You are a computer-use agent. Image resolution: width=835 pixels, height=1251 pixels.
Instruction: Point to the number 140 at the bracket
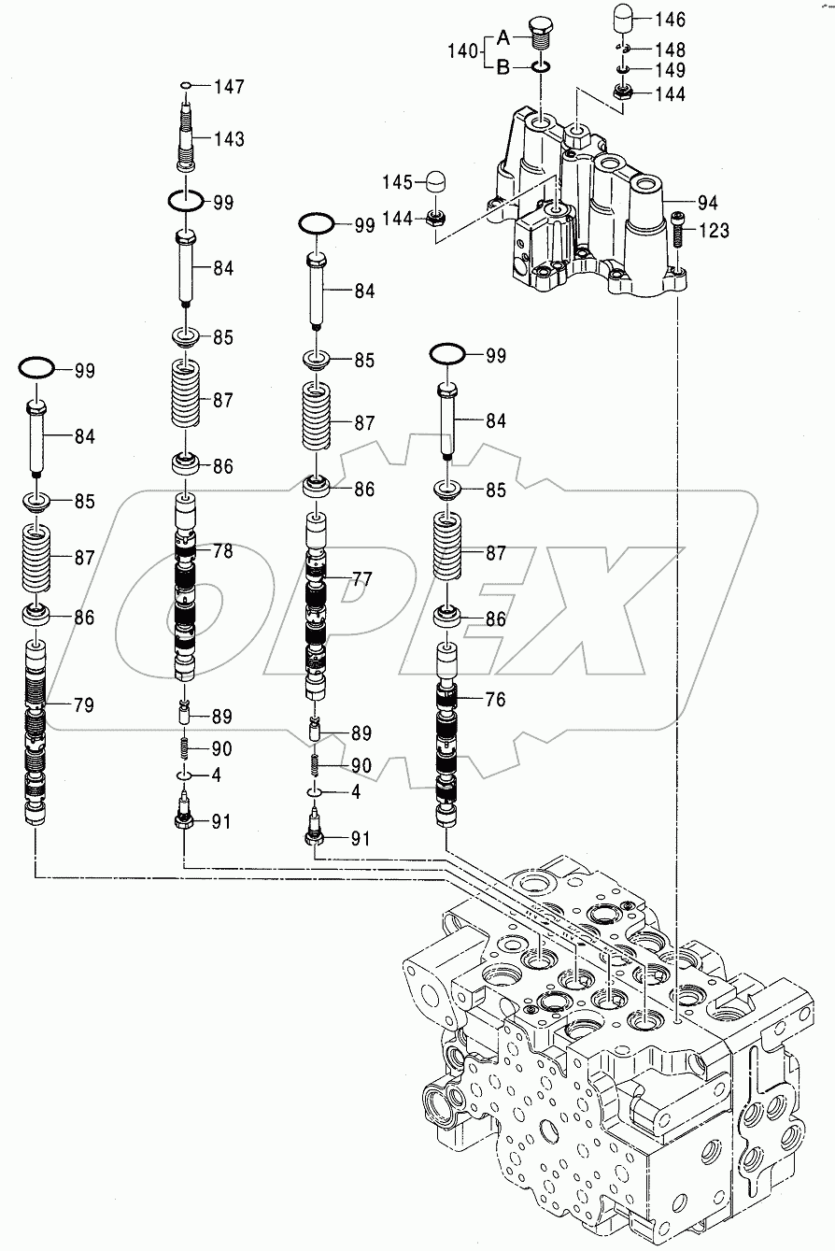463,51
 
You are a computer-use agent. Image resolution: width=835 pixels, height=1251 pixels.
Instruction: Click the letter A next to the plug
502,37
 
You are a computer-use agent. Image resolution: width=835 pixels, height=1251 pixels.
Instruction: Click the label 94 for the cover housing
708,201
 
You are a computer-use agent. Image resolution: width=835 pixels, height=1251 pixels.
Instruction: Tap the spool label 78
221,551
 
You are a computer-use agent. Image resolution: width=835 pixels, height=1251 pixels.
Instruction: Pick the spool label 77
361,579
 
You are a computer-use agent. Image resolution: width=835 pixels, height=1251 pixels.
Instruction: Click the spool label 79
82,704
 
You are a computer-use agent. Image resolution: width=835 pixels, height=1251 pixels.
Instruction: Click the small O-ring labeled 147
187,86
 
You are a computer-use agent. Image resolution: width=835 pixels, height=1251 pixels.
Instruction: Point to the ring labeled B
541,67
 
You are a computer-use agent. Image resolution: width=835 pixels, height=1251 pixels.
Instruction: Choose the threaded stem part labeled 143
187,135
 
